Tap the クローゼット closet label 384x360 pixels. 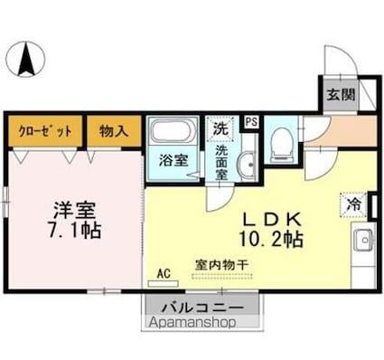pos(45,129)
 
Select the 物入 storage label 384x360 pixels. pos(114,129)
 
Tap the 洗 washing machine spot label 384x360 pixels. pos(220,128)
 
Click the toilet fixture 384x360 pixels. pos(281,140)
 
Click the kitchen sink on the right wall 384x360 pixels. pos(364,242)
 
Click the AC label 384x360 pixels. pos(164,270)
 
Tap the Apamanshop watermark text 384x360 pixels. pos(190,321)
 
